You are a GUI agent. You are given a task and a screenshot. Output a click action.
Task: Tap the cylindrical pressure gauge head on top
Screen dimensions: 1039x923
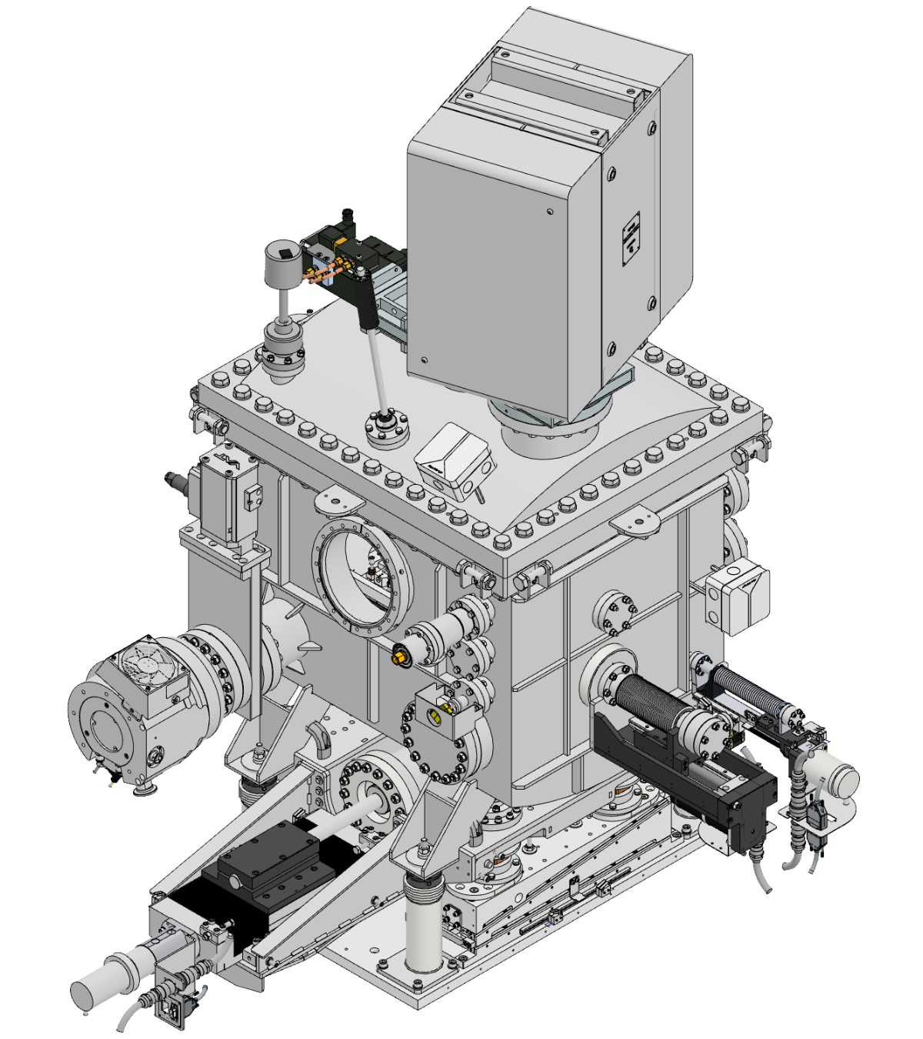283,262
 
